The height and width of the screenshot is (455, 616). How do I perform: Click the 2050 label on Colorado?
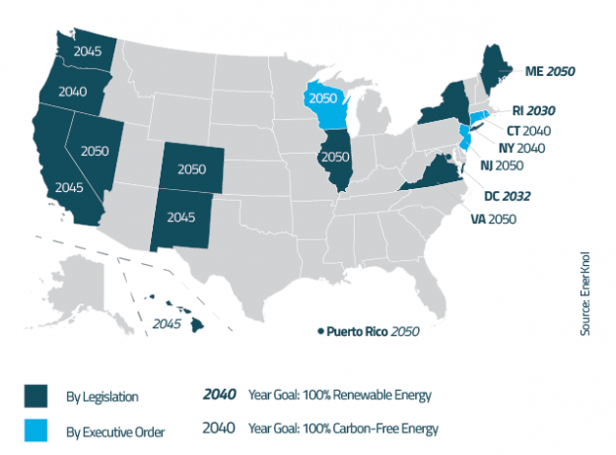click(x=191, y=168)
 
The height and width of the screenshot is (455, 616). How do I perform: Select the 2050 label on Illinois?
click(x=336, y=157)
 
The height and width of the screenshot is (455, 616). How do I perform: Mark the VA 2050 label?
click(x=489, y=218)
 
